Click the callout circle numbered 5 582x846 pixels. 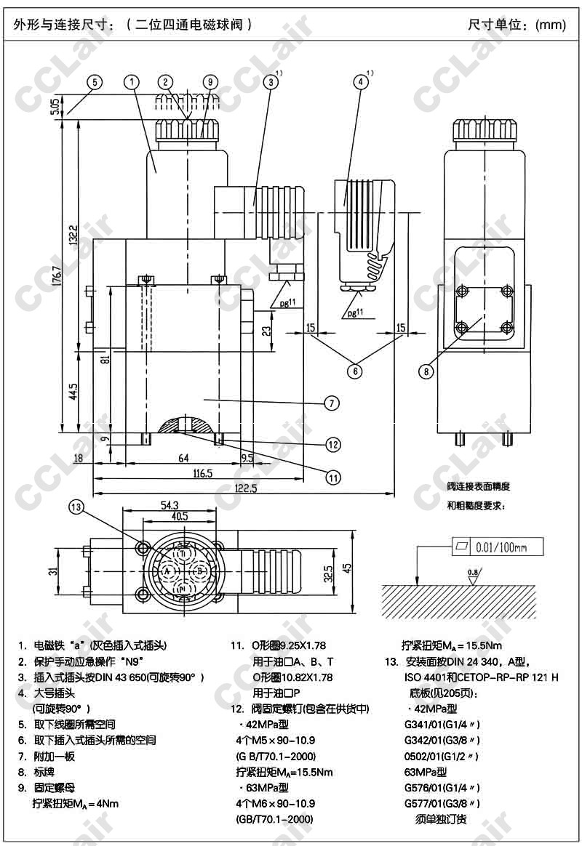pyautogui.click(x=95, y=82)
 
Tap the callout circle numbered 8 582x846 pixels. pyautogui.click(x=426, y=371)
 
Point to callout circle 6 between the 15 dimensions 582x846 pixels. pyautogui.click(x=354, y=371)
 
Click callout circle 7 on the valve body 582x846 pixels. pyautogui.click(x=330, y=402)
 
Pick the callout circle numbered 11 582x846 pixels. pyautogui.click(x=333, y=478)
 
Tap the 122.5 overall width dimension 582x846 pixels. pyautogui.click(x=245, y=488)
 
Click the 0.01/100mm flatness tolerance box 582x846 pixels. pyautogui.click(x=498, y=547)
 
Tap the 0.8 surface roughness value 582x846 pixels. pyautogui.click(x=473, y=572)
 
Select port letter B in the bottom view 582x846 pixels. pyautogui.click(x=199, y=572)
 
